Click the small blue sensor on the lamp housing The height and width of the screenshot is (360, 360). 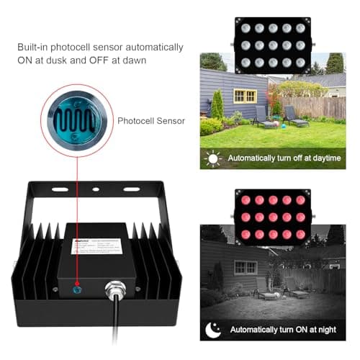click(x=77, y=290)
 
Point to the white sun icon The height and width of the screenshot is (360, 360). click(x=212, y=158)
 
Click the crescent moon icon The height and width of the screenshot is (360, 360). click(x=213, y=329)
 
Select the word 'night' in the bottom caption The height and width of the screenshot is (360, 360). click(x=327, y=330)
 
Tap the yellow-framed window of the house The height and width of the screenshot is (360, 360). click(x=245, y=96)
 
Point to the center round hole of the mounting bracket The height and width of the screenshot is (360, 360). click(x=95, y=190)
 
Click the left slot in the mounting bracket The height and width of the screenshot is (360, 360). click(x=60, y=190)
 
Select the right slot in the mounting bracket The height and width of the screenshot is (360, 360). click(x=131, y=190)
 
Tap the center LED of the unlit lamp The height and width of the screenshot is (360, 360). click(x=273, y=45)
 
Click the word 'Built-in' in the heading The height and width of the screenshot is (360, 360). click(x=34, y=47)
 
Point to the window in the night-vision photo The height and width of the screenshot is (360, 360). click(x=246, y=266)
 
